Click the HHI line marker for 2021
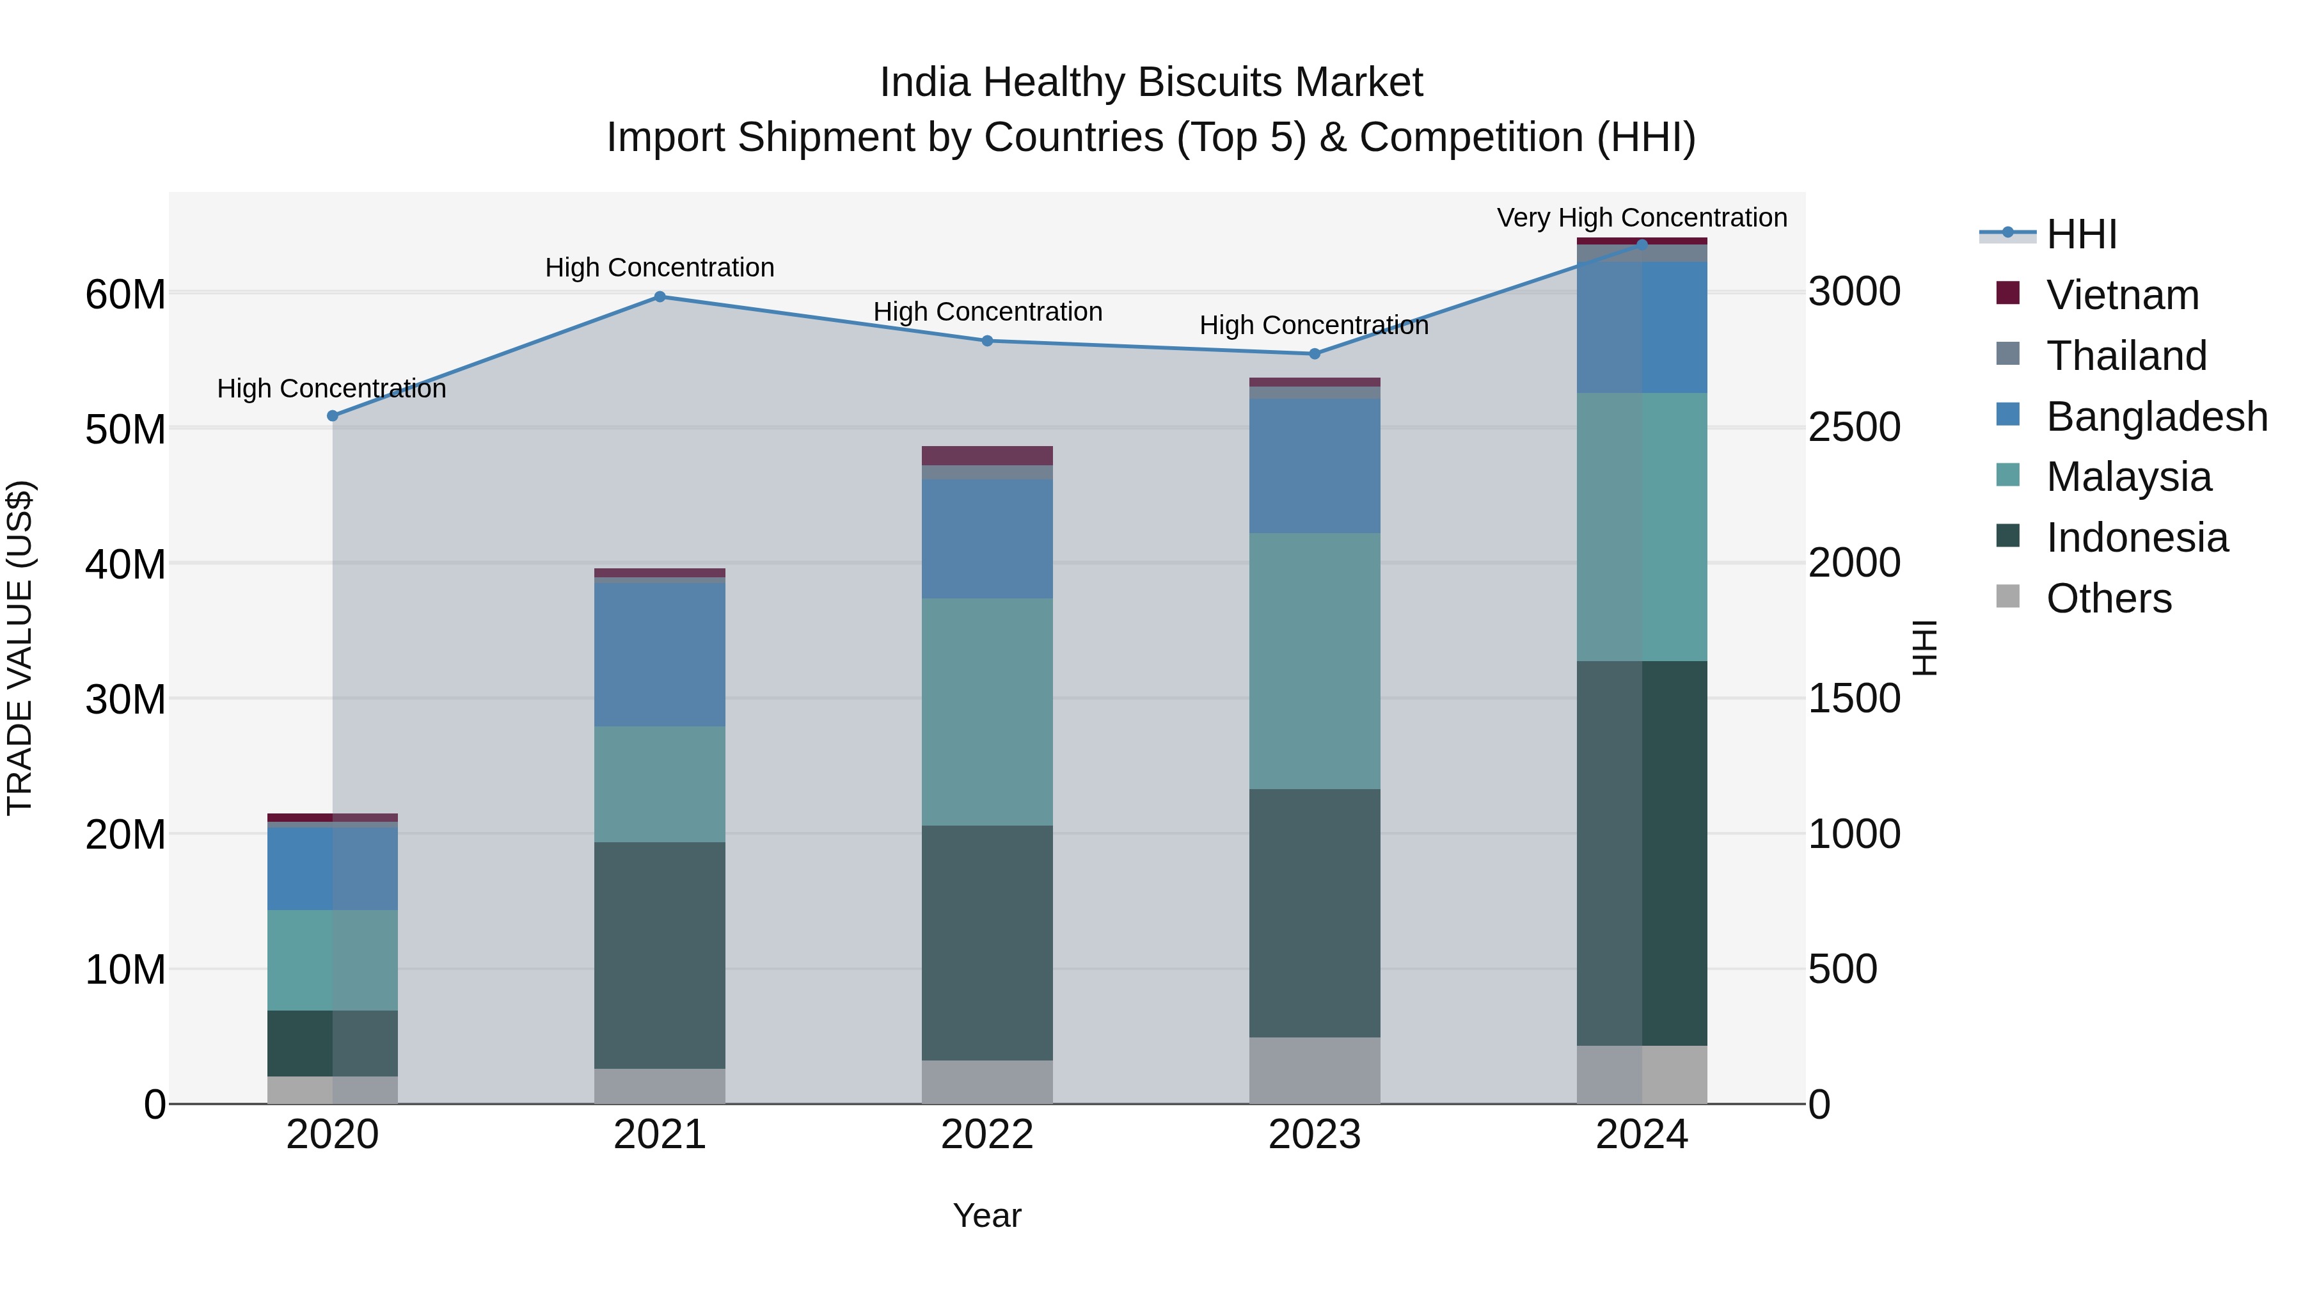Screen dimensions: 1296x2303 coord(660,296)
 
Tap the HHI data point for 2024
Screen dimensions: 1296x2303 coord(1642,244)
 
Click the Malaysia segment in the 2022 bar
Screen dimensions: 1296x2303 coord(987,711)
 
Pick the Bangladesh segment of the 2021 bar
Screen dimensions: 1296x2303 coord(660,654)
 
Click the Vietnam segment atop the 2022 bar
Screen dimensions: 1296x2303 coord(987,455)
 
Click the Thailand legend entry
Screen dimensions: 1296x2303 coord(2126,356)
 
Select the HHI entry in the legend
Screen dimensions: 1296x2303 coord(2080,234)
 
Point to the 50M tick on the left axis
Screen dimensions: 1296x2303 coord(125,429)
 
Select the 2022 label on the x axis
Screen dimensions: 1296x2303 coord(987,1135)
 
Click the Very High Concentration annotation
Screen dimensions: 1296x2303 coord(1642,218)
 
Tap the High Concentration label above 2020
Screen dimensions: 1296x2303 coord(331,388)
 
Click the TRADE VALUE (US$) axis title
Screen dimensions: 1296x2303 coord(20,648)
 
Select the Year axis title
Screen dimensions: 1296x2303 coord(987,1215)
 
